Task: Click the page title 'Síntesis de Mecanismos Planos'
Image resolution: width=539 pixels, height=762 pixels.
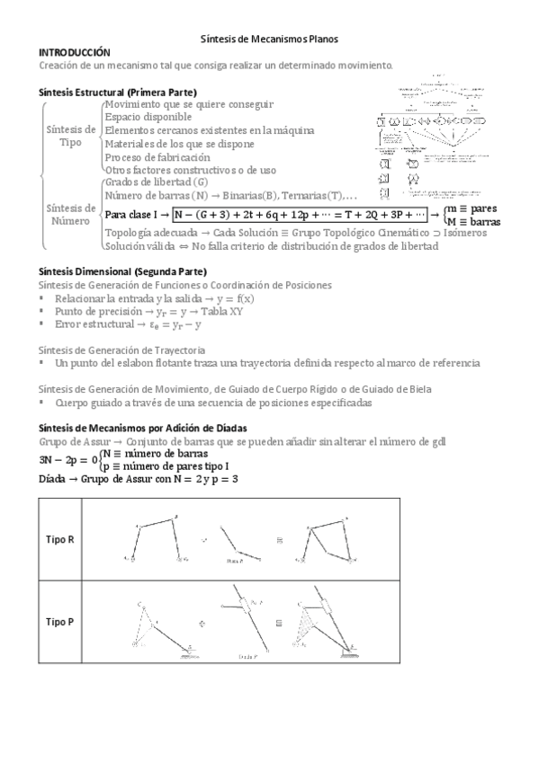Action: pos(268,40)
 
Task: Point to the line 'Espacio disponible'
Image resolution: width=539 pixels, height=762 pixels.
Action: pos(148,117)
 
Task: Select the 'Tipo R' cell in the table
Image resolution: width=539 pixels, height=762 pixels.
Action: pos(60,539)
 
